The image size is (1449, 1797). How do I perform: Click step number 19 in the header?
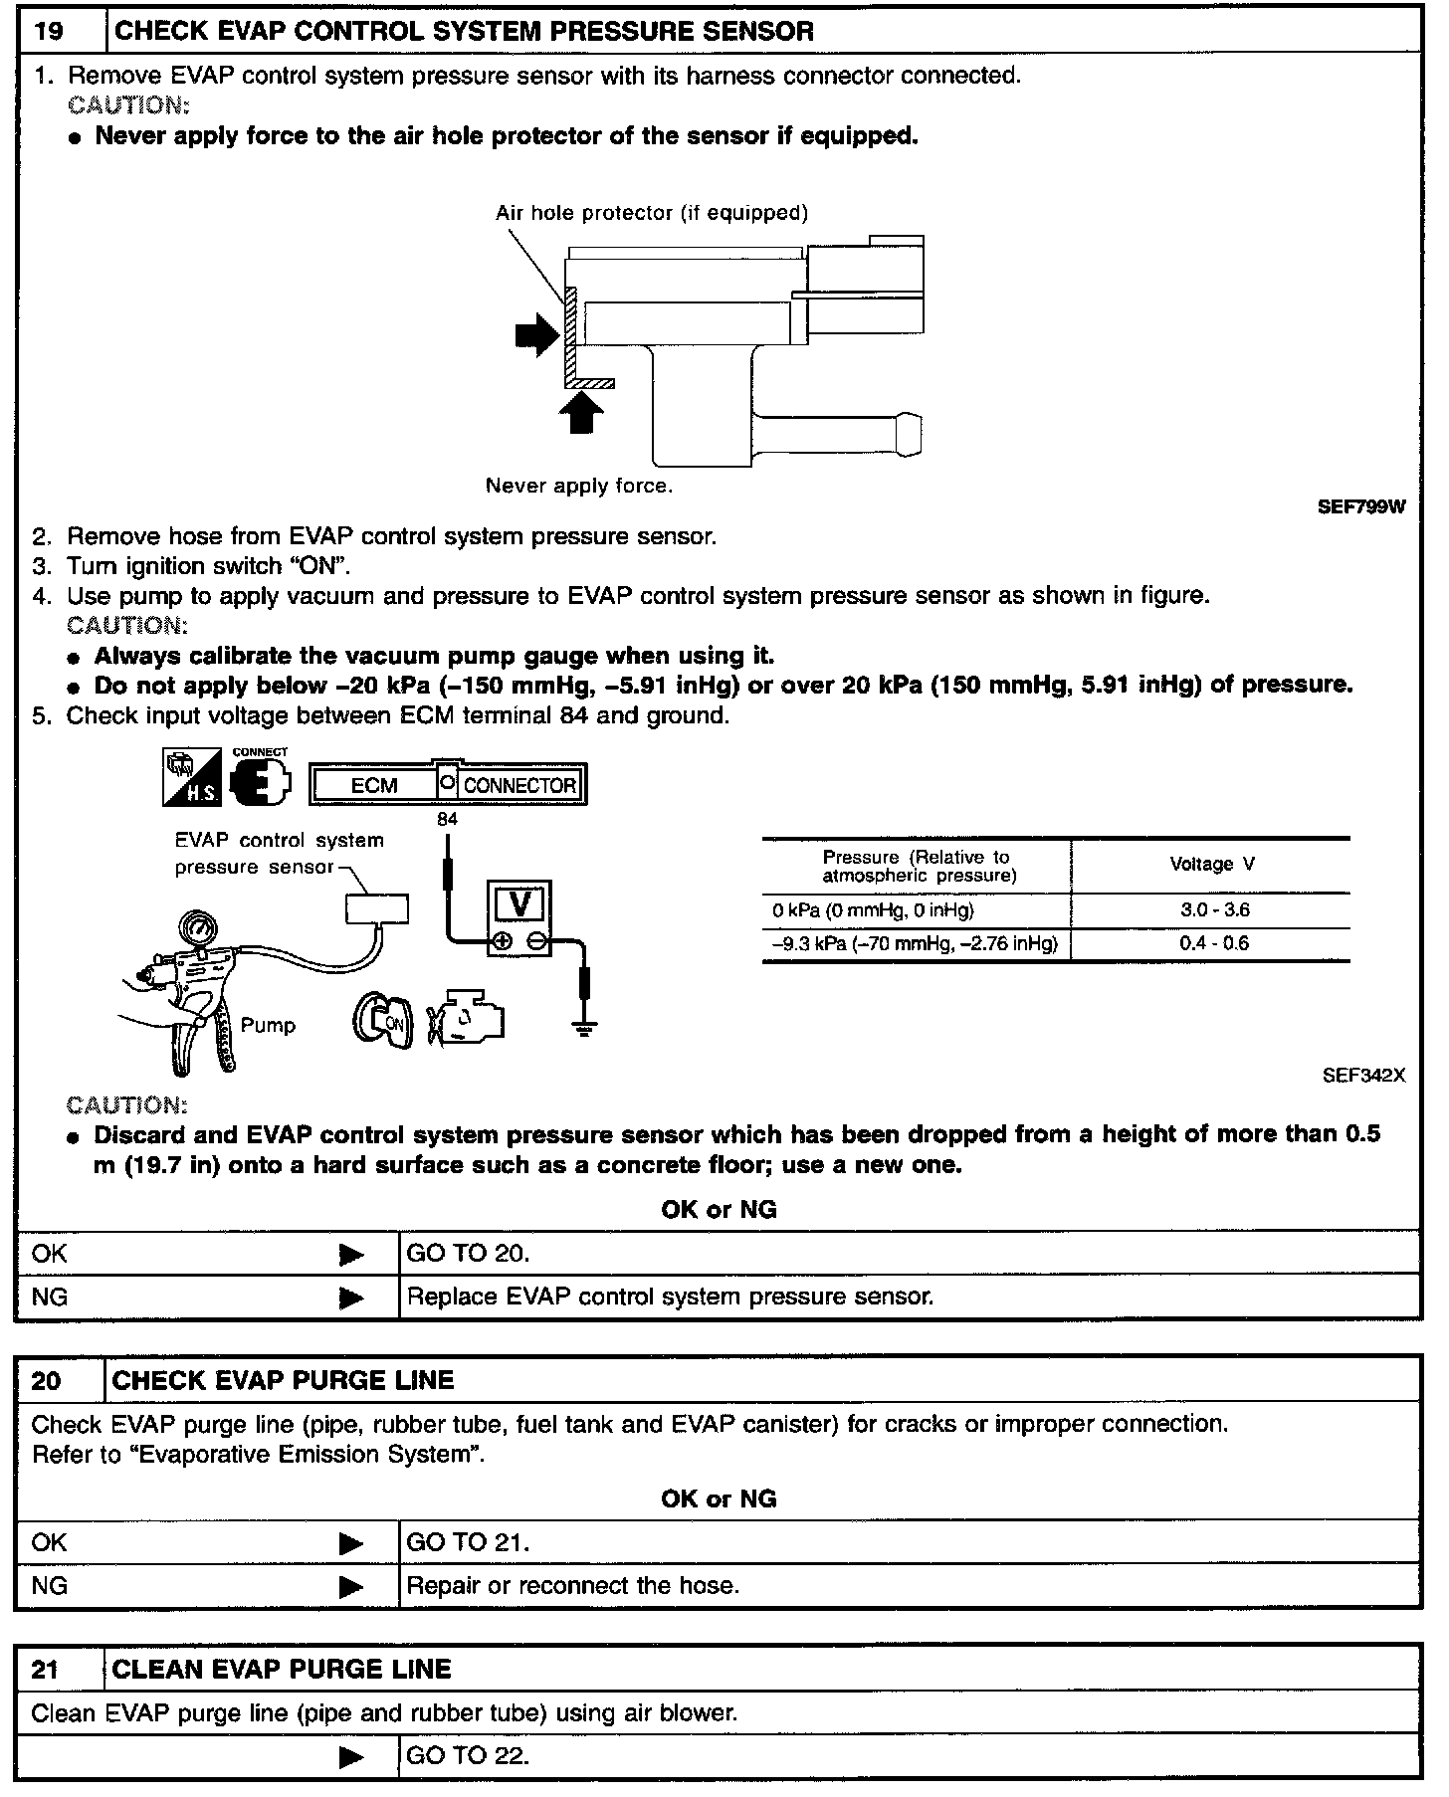pos(48,31)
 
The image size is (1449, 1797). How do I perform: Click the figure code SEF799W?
pos(1361,507)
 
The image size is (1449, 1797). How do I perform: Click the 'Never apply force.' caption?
pos(578,487)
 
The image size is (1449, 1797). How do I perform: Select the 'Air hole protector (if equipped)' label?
pos(651,213)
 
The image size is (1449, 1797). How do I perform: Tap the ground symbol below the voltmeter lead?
pos(585,1028)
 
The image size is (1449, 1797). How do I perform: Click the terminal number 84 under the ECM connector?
pos(447,819)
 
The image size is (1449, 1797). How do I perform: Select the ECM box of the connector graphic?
pos(374,785)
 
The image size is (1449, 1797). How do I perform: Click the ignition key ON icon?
pos(383,1022)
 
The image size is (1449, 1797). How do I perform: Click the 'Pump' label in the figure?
pos(268,1026)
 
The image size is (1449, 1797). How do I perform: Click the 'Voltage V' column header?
pos(1211,865)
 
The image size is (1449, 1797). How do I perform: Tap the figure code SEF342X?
pos(1363,1076)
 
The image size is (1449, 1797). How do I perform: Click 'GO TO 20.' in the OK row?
pos(468,1254)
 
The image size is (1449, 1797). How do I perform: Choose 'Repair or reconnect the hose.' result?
pos(573,1586)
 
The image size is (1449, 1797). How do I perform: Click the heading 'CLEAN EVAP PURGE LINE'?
pos(283,1669)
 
